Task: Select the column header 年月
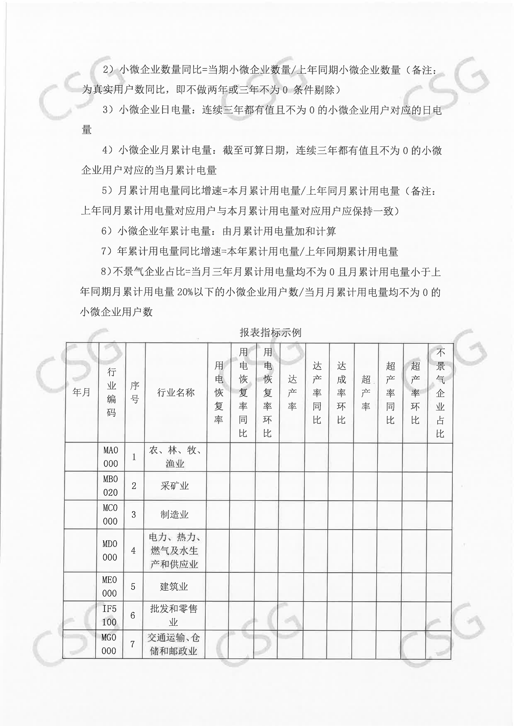click(x=81, y=392)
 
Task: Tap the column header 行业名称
click(x=176, y=392)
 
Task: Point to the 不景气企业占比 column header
click(x=440, y=392)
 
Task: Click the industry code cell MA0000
click(x=110, y=457)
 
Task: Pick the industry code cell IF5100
click(x=109, y=615)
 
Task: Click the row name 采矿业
click(x=175, y=486)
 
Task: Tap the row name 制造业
click(x=174, y=514)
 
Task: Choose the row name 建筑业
click(x=174, y=586)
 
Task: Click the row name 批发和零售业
click(x=173, y=615)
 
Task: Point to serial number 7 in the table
click(x=133, y=644)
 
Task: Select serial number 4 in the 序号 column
click(x=133, y=550)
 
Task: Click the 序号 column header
click(x=135, y=392)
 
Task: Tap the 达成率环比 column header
click(x=341, y=392)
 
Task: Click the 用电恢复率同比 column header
click(x=243, y=392)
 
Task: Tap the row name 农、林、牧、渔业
click(x=175, y=457)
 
